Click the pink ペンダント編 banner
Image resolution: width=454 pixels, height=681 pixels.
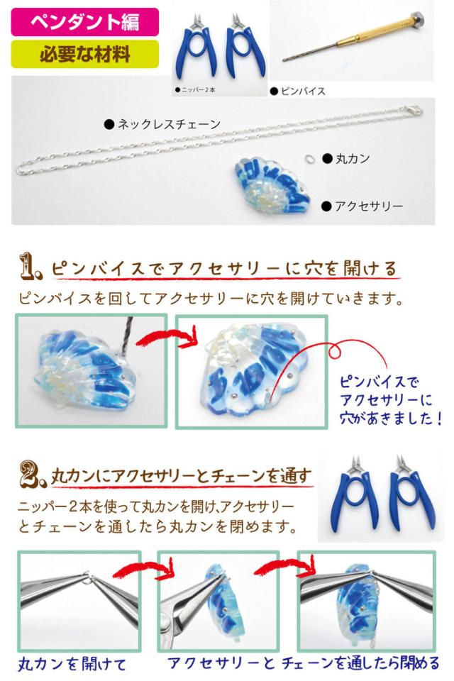(x=84, y=22)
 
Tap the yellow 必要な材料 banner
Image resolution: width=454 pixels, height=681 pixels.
(x=84, y=54)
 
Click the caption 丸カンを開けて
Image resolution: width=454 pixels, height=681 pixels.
(x=72, y=664)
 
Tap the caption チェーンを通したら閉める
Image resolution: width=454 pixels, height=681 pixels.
(x=360, y=663)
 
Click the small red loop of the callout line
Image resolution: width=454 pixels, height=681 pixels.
(x=335, y=351)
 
